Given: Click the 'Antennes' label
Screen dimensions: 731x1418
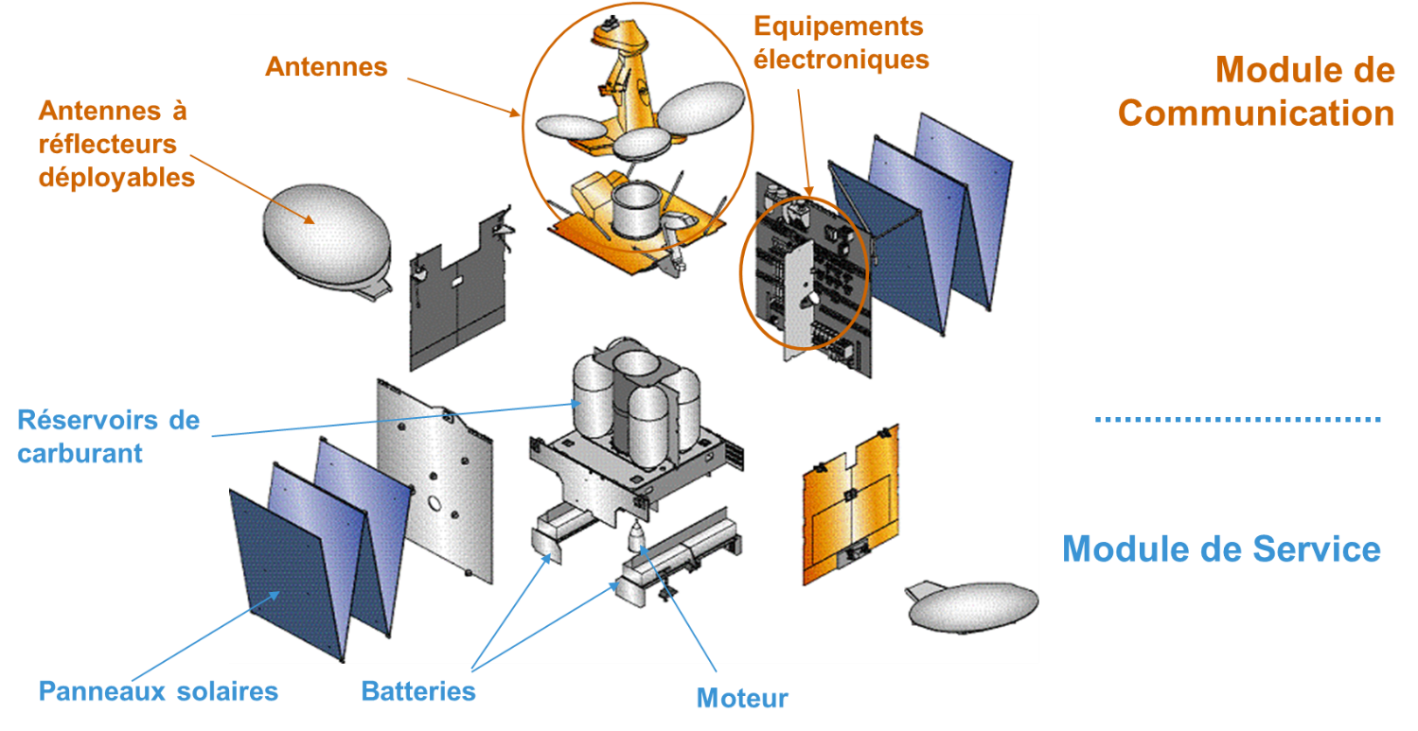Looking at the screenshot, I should click(327, 66).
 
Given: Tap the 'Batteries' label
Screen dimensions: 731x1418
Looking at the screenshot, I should click(418, 691).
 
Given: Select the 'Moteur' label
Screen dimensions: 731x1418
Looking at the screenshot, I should click(742, 699).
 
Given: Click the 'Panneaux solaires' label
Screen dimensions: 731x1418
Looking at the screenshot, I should click(158, 691).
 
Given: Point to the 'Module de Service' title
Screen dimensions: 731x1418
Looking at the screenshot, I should click(1221, 548).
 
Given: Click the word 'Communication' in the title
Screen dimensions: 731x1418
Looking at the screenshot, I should click(1256, 113).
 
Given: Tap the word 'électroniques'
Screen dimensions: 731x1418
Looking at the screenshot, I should click(842, 60).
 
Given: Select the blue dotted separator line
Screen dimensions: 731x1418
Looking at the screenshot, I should click(1237, 418).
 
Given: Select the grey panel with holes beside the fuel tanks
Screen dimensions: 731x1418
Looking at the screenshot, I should click(435, 482).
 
